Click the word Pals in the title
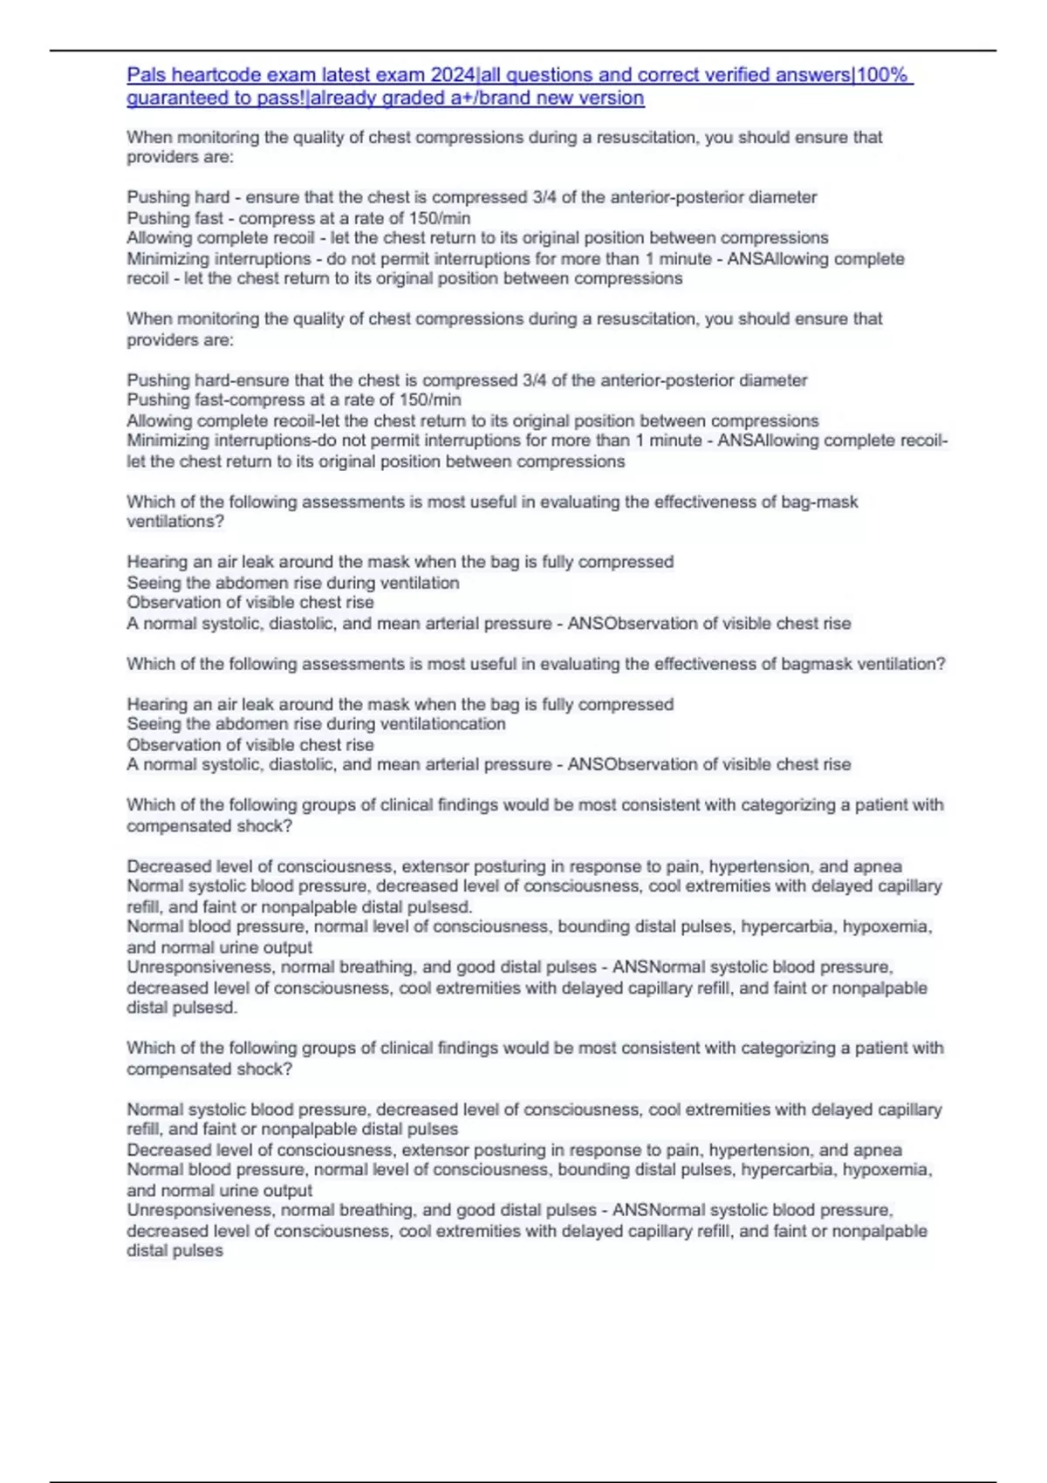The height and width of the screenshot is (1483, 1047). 147,75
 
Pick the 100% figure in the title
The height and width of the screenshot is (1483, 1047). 884,75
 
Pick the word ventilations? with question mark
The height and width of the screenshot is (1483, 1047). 175,522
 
